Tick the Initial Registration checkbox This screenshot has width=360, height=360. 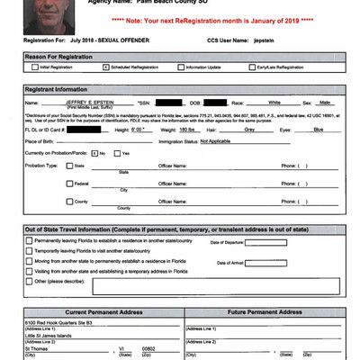(x=30, y=67)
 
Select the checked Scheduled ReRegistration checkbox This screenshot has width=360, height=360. (x=106, y=67)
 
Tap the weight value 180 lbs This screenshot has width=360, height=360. (x=188, y=130)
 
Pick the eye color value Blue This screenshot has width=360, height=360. (x=318, y=130)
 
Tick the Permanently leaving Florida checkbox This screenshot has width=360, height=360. (x=30, y=241)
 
